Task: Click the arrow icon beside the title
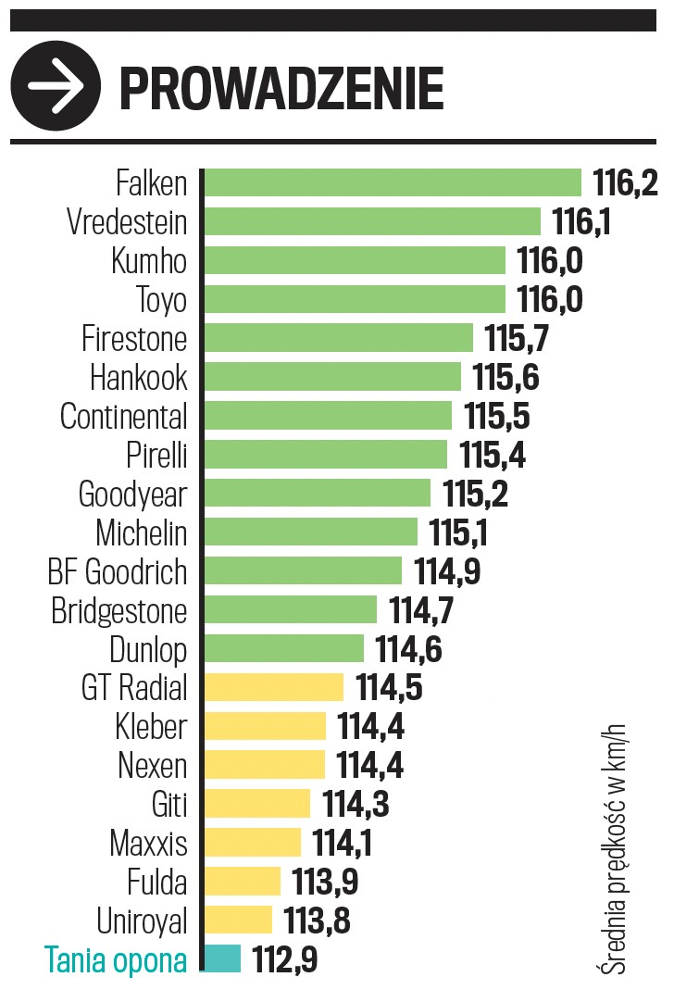click(56, 86)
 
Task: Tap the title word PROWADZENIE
click(281, 89)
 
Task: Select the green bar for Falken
click(392, 182)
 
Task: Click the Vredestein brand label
click(127, 222)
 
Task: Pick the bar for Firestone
click(338, 338)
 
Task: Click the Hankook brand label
click(138, 378)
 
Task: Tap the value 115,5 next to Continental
click(497, 417)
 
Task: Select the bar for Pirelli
click(325, 455)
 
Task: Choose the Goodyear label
click(132, 495)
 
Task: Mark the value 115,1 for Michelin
click(458, 533)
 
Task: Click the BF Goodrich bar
click(303, 571)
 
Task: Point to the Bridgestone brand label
click(119, 611)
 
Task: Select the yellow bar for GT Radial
click(273, 687)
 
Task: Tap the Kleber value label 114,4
click(370, 727)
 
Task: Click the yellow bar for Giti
click(256, 804)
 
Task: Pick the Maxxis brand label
click(148, 844)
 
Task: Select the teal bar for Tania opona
click(222, 958)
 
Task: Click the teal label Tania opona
click(115, 960)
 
